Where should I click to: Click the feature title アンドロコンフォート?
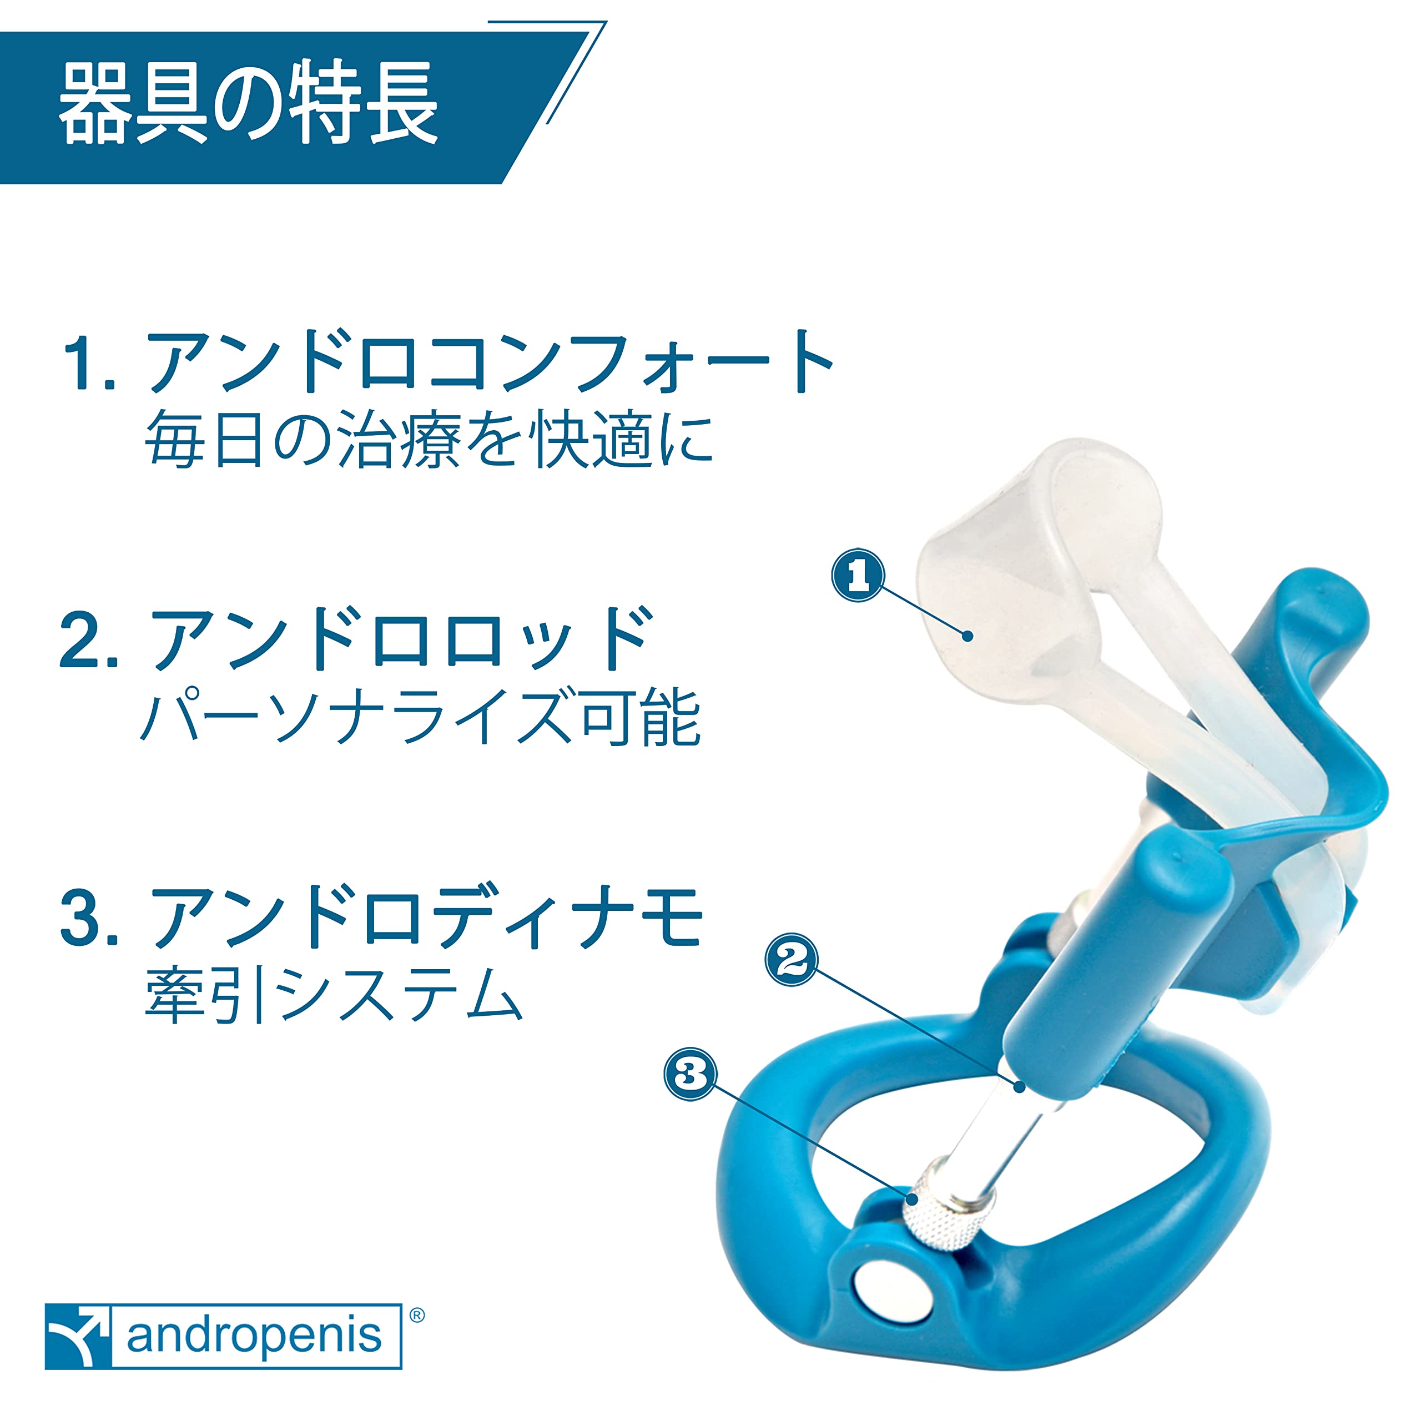pos(488,362)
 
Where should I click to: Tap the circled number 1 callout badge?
pos(858,576)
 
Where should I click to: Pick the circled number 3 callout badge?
pos(690,1074)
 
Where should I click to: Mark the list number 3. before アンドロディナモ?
pos(89,919)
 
